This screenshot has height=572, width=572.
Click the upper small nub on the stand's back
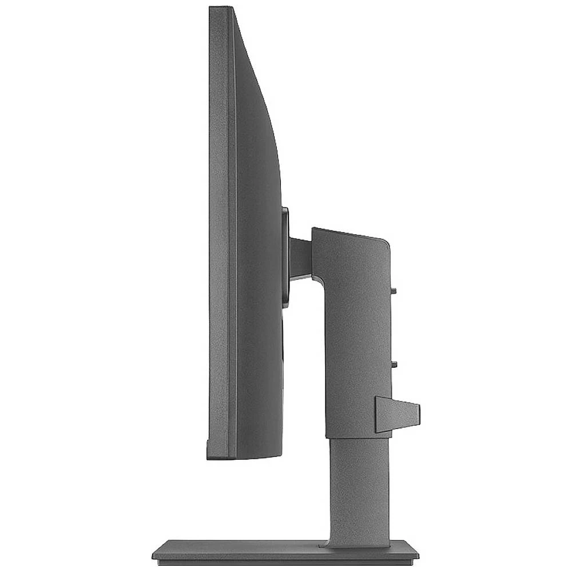click(x=393, y=290)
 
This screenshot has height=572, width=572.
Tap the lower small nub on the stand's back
click(x=394, y=363)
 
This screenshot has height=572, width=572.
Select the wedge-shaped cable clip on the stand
click(x=395, y=414)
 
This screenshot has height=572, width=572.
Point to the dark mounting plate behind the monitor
click(x=285, y=257)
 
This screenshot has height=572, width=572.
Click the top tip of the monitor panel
click(x=220, y=9)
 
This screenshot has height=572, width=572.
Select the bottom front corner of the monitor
click(x=209, y=456)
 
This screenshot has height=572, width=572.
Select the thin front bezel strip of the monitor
click(x=232, y=229)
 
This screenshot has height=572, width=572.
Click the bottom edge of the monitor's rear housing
click(x=257, y=456)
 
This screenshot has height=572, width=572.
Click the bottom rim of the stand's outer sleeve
click(x=357, y=437)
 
